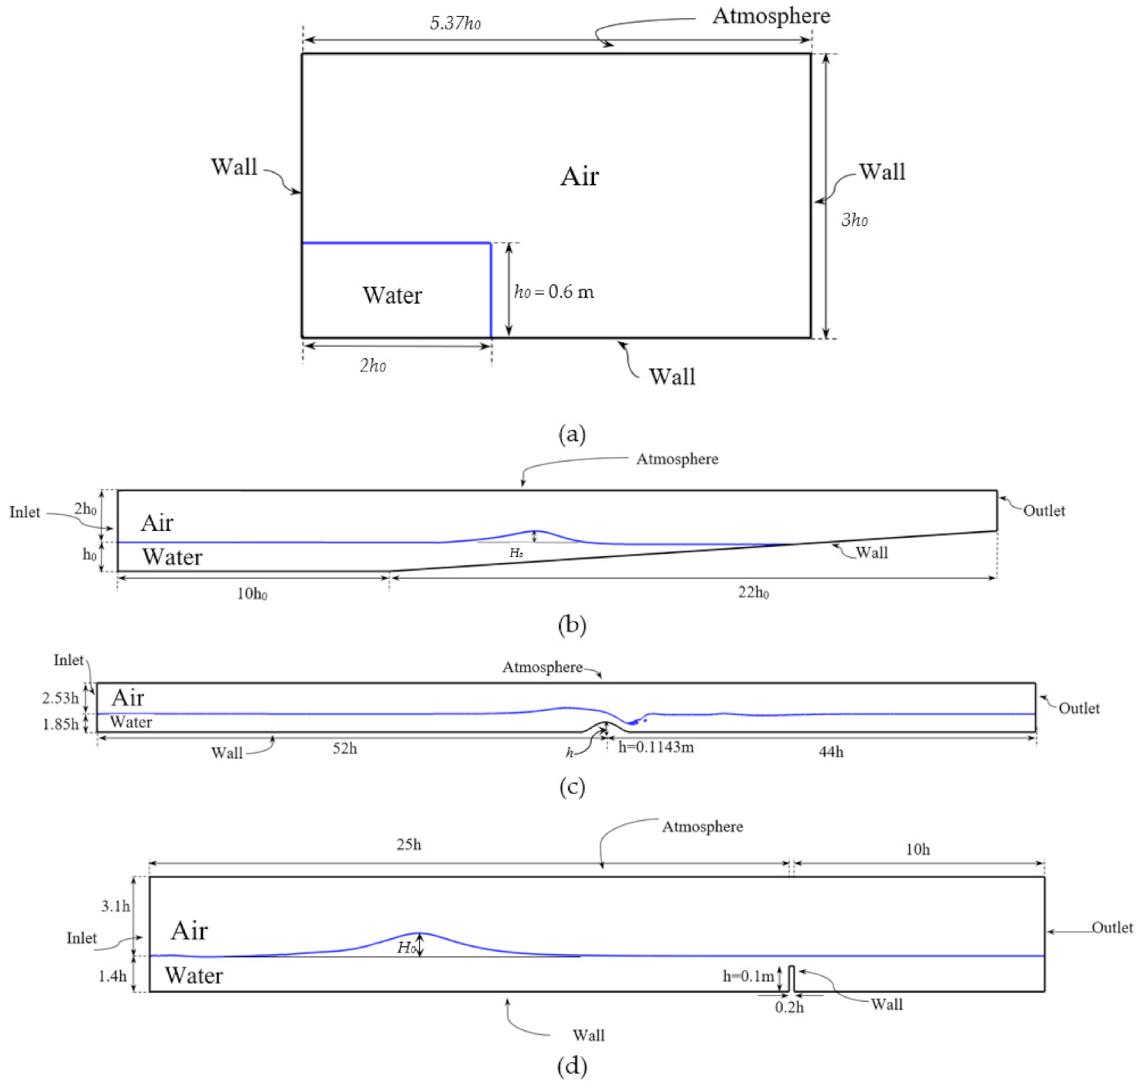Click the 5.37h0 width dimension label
tap(455, 23)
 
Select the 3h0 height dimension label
tap(854, 220)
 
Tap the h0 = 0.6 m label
tap(554, 291)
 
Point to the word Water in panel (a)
tap(392, 295)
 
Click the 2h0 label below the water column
tap(373, 366)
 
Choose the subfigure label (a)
tap(572, 434)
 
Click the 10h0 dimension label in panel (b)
tap(252, 593)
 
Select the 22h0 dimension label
tap(753, 593)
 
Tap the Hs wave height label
tap(516, 553)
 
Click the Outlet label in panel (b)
tap(1044, 511)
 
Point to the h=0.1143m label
tap(656, 747)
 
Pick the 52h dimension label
tap(345, 749)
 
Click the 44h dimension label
tap(831, 752)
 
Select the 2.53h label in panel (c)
tap(60, 698)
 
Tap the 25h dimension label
tap(408, 845)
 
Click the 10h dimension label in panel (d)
tap(917, 849)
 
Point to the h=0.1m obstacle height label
tap(748, 976)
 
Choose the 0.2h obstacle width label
tap(790, 1007)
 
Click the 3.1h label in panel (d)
tap(116, 906)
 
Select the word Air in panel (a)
tap(580, 177)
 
